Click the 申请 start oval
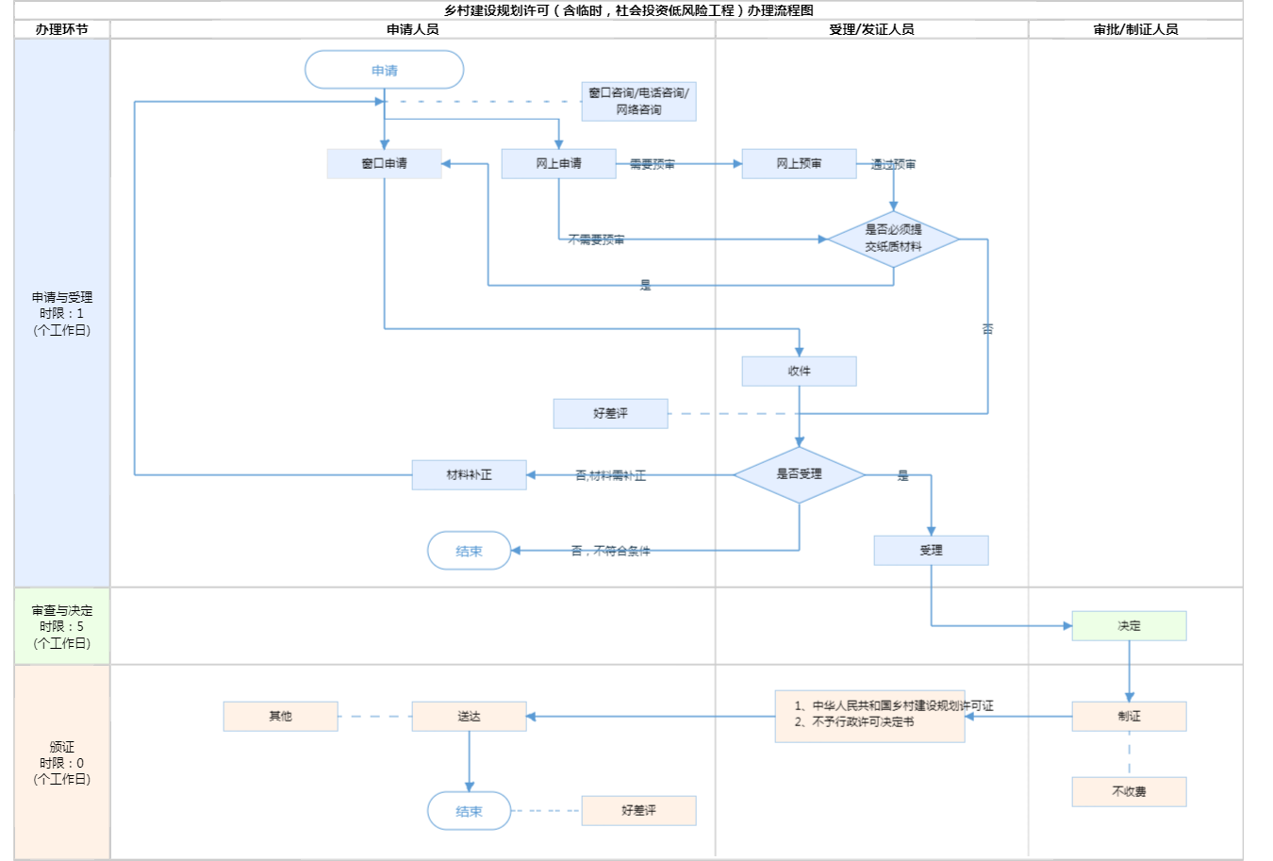(384, 70)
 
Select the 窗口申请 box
(384, 163)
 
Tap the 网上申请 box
(558, 163)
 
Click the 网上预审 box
(799, 163)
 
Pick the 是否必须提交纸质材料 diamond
(893, 239)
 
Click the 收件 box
(799, 371)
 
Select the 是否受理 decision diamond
(799, 474)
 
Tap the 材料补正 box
(469, 474)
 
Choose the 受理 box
(931, 550)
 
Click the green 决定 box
(1129, 625)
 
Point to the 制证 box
(1129, 716)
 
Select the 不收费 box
(1129, 791)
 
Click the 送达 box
(469, 716)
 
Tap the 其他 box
(280, 716)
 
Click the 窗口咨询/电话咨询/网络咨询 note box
(638, 101)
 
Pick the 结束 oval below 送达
(469, 811)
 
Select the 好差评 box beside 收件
(610, 413)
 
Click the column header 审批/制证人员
(1135, 29)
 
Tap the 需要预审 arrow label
(652, 164)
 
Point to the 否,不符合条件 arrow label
(610, 551)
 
